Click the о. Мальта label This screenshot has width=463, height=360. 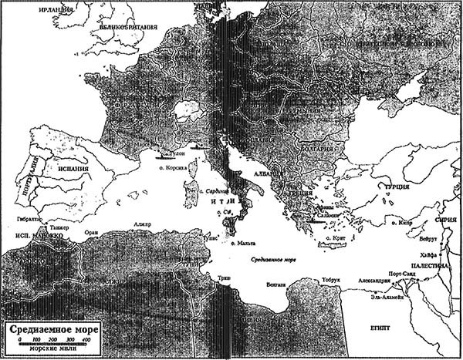[252, 243]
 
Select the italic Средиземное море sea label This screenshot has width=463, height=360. [275, 260]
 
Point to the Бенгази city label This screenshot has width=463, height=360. [274, 284]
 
